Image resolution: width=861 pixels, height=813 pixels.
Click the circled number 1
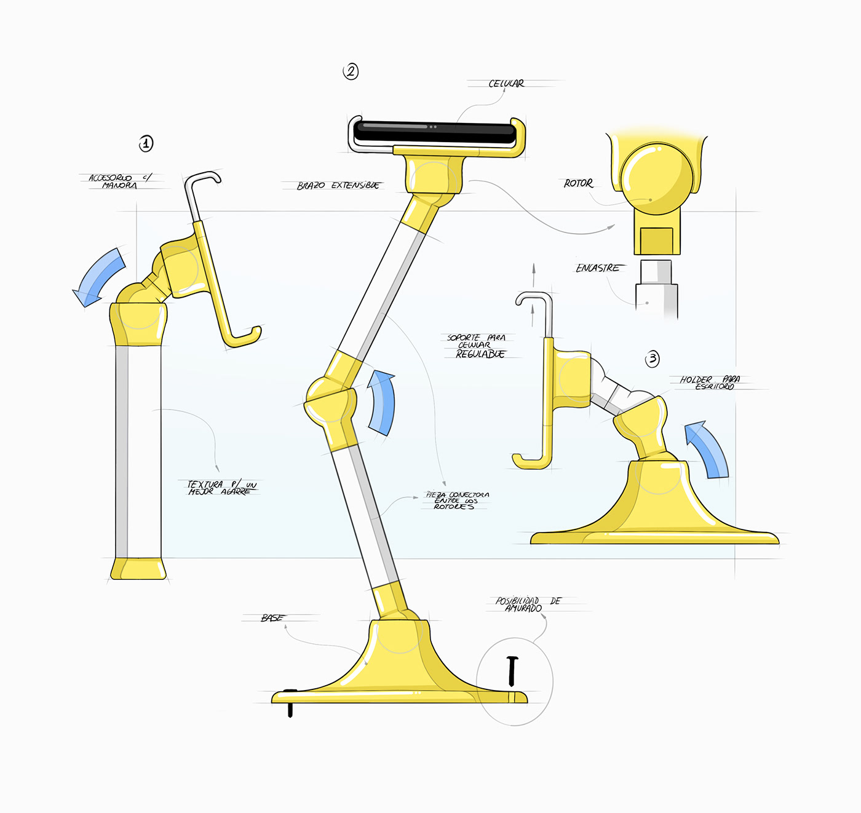pos(146,144)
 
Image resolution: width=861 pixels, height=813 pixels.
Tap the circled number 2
pos(351,71)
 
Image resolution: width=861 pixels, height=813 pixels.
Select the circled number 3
pos(653,359)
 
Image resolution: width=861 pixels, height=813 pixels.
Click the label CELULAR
pos(506,84)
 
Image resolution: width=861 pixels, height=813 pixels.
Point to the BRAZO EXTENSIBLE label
pos(338,185)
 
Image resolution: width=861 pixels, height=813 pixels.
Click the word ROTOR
pos(578,183)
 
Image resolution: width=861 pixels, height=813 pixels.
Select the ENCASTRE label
pos(597,268)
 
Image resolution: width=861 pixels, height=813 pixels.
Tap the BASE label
pos(271,617)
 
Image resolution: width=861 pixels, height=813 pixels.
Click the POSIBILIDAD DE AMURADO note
pos(528,604)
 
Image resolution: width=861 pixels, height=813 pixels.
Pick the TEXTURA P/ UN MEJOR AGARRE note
pos(221,488)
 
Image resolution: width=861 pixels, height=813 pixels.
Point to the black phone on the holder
pos(435,132)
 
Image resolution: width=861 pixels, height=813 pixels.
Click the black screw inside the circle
pos(512,671)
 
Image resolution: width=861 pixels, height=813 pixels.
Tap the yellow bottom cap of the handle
pos(138,569)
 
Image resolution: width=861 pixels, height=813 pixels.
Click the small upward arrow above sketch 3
pos(534,275)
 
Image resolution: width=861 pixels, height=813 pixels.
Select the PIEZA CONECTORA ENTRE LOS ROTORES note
pos(457,501)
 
